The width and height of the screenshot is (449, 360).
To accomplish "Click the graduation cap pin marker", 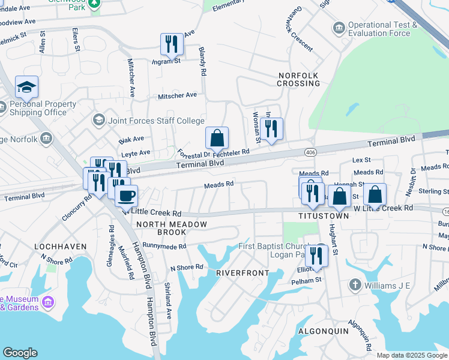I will pos(26,88).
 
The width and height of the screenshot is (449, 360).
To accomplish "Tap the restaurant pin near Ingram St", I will pos(172,44).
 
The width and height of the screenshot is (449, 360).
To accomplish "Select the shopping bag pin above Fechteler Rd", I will pos(217,138).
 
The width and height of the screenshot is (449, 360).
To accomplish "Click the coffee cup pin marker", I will pos(126,196).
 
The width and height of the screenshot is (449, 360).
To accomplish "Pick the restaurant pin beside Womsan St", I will pos(271,129).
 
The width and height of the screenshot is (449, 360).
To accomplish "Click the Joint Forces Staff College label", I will pos(156,121).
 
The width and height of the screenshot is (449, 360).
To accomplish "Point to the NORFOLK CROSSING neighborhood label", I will pos(298,79).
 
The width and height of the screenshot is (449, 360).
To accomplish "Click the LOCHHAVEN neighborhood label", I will pos(60,247).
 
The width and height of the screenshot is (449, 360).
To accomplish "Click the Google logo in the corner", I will pos(20,353).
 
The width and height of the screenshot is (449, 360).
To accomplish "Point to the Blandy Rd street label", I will pos(203,61).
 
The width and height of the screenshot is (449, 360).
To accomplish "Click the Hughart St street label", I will pos(334,235).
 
